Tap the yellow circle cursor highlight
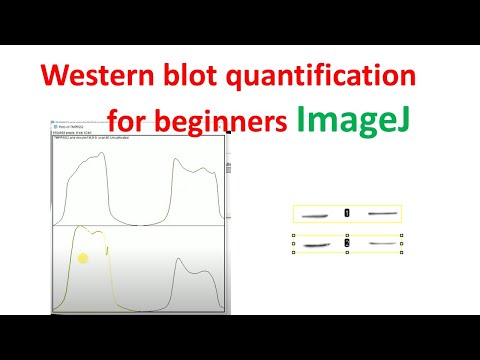(84, 259)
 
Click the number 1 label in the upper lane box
(347, 213)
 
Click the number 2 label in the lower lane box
(347, 243)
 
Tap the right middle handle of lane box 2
(401, 243)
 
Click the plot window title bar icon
(55, 127)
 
